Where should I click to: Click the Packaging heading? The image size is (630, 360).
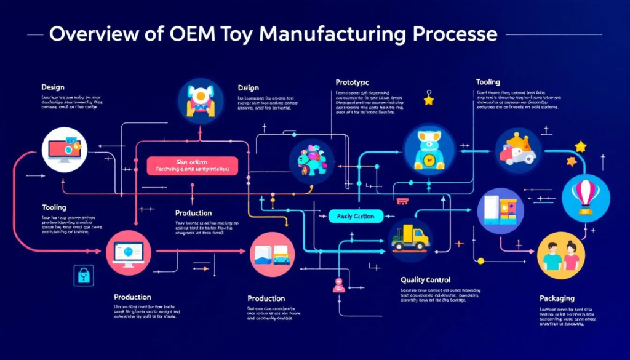coord(557,298)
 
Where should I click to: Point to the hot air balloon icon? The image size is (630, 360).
coord(585,194)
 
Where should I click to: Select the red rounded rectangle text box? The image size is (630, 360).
coord(193,164)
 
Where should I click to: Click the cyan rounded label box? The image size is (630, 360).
coord(356,216)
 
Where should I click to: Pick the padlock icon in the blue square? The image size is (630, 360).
coord(82,275)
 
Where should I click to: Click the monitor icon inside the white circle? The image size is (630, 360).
coord(64,149)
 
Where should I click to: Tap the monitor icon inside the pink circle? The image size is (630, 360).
coord(129,253)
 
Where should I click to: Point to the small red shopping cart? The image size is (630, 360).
coord(403,200)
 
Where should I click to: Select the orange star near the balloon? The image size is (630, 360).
coord(571,161)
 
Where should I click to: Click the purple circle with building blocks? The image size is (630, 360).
coord(501,210)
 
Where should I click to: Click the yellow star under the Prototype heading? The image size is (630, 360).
coord(429,98)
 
